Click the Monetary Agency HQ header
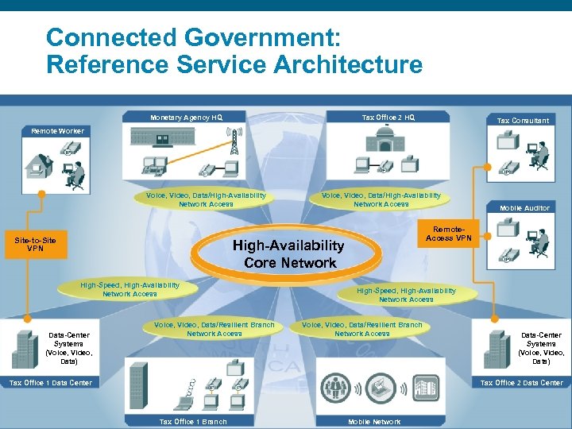(x=186, y=118)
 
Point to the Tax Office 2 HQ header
(x=388, y=118)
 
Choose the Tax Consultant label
(x=522, y=120)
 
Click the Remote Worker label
(x=56, y=130)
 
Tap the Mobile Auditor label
(x=524, y=208)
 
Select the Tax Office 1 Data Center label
(x=49, y=382)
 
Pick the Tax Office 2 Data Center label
(x=521, y=382)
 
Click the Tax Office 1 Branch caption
(x=193, y=422)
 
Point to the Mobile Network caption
(x=374, y=422)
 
